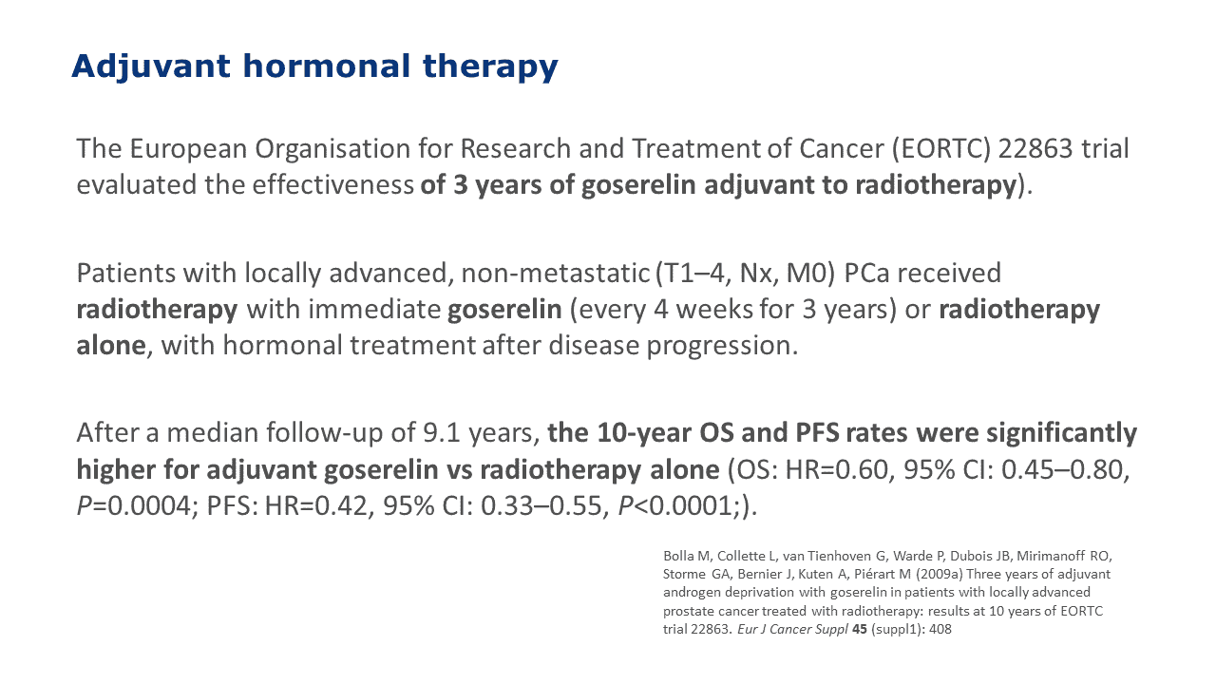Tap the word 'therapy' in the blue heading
coord(490,67)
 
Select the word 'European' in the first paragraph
coord(188,149)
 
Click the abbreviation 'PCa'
coord(866,273)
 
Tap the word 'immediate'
coord(374,310)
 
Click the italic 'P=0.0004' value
coord(134,506)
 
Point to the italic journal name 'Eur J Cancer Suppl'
coord(792,630)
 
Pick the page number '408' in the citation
coord(940,629)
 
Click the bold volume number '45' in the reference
coord(860,629)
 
